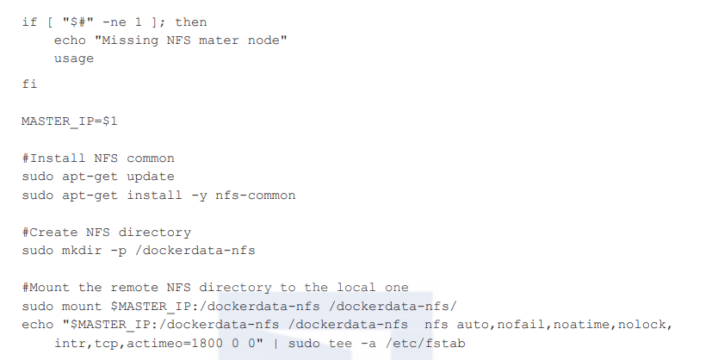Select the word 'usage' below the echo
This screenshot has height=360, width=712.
point(73,59)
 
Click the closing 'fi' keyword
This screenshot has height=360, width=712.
point(29,84)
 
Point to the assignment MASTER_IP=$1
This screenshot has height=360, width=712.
point(69,121)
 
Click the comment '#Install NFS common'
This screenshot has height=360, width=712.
point(98,158)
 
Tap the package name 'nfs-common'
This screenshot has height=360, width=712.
point(259,196)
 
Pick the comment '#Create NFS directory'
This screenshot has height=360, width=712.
point(106,233)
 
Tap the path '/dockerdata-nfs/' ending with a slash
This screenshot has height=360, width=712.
point(396,306)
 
